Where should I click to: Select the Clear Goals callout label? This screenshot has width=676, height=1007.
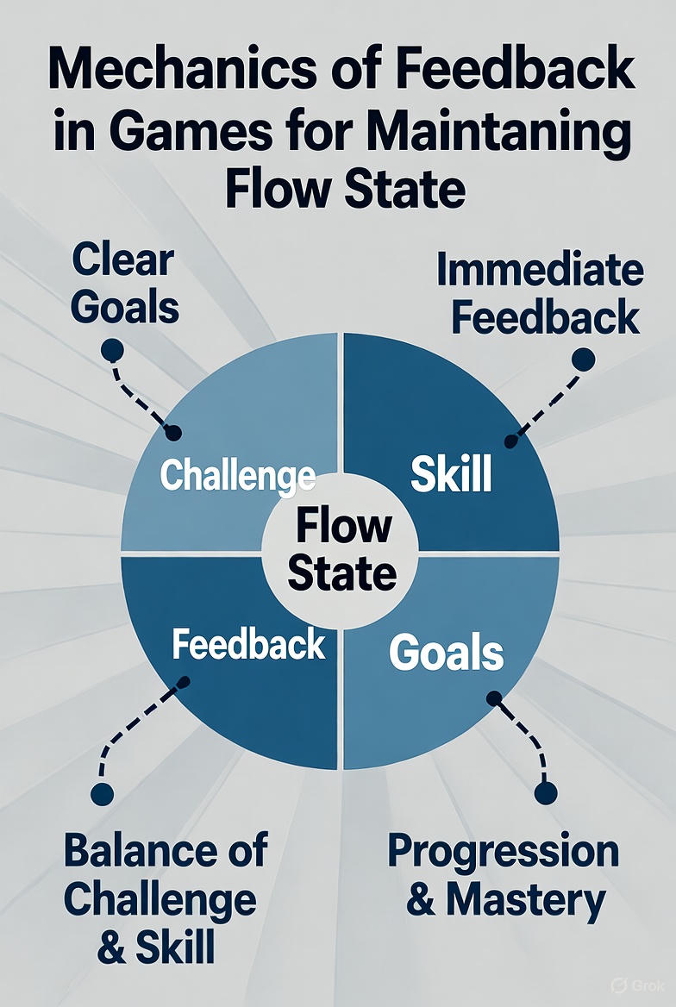click(124, 284)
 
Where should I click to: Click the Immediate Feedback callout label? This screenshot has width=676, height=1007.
click(540, 293)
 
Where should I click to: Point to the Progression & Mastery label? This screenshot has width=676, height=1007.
click(504, 875)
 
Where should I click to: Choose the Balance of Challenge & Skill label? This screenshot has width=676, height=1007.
click(166, 898)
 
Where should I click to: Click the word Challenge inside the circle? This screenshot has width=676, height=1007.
click(237, 476)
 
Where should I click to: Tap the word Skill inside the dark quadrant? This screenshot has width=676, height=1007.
click(451, 473)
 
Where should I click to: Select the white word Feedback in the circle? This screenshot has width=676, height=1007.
click(248, 644)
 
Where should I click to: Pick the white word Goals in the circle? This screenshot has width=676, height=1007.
click(446, 652)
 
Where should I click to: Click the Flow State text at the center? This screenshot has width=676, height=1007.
click(341, 549)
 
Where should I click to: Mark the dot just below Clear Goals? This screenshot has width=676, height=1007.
click(112, 351)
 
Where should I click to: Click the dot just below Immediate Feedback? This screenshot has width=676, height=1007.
click(583, 360)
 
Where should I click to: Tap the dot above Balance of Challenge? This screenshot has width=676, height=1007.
click(102, 794)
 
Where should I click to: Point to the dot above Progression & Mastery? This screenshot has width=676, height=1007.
click(546, 793)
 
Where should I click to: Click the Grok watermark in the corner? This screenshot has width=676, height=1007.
click(637, 985)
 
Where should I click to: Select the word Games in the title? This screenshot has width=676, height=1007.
click(191, 132)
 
